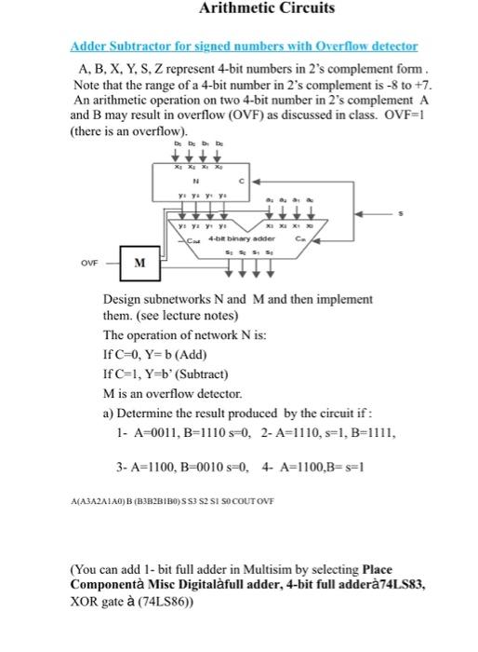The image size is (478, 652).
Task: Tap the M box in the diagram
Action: coord(139,263)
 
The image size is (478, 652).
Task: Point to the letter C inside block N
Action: coord(246,182)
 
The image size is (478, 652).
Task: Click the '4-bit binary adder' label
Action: coord(244,239)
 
